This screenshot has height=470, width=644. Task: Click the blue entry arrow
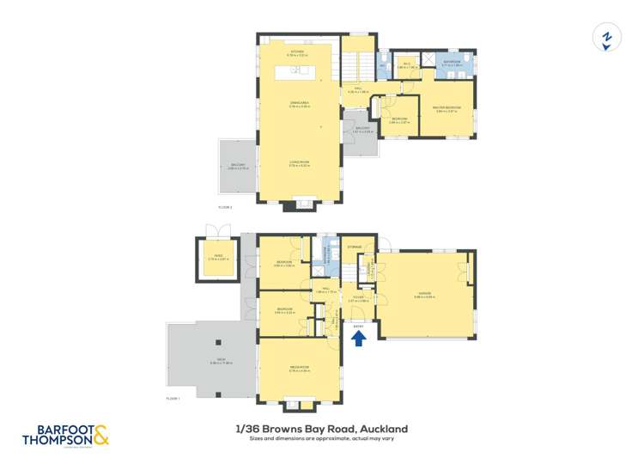click(359, 338)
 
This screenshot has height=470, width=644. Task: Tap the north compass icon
click(607, 38)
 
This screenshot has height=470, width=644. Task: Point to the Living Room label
click(298, 163)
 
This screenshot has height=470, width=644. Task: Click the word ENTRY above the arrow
click(358, 326)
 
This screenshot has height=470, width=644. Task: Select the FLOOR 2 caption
click(226, 208)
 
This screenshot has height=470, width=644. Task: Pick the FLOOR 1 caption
click(173, 399)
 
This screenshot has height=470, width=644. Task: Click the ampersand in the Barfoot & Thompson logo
click(100, 435)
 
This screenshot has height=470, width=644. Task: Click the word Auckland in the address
click(384, 429)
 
